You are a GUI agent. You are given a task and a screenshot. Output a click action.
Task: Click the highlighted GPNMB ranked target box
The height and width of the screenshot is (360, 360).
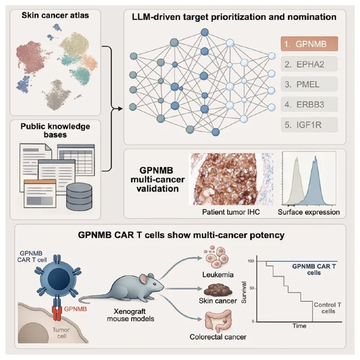(x=309, y=44)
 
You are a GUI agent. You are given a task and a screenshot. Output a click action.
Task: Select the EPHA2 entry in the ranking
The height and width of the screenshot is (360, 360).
(x=309, y=64)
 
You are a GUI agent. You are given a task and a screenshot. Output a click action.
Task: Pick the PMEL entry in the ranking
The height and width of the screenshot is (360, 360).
(x=309, y=84)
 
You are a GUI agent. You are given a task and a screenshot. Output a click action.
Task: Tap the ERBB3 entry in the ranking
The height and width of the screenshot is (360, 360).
(x=309, y=104)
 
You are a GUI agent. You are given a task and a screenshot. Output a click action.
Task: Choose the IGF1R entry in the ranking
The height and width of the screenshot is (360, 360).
(x=309, y=125)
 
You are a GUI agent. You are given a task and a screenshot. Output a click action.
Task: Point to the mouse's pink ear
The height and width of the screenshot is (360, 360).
(x=144, y=279)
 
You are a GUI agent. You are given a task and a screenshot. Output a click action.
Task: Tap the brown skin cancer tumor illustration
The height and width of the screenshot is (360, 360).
(x=218, y=290)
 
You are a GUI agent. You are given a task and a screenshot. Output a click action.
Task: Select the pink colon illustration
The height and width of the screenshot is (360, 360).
(x=218, y=321)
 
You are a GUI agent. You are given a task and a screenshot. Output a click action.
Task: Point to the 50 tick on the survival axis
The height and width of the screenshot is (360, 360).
(x=252, y=288)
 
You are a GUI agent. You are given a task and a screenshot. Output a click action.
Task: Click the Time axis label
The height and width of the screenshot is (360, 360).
(x=299, y=326)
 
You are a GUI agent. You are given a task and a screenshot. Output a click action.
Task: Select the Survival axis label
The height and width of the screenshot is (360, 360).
(x=244, y=292)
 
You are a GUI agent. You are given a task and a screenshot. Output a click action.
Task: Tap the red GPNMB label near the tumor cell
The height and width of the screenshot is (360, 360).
(x=75, y=309)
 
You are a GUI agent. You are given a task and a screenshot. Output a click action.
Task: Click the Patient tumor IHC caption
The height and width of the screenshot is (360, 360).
(x=231, y=212)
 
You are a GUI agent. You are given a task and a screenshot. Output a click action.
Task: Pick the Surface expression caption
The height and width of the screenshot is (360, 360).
(x=309, y=212)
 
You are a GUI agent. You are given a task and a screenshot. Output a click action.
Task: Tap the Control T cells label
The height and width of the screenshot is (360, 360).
(x=328, y=308)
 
